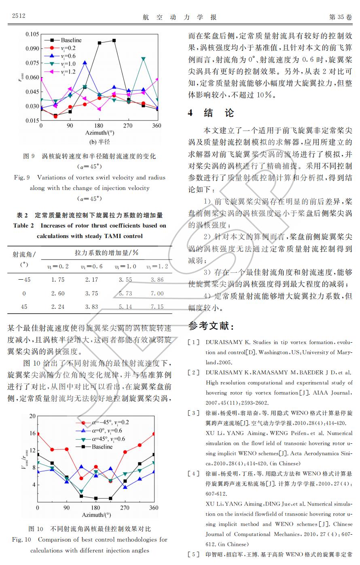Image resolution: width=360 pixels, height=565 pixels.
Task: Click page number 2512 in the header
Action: point(19,16)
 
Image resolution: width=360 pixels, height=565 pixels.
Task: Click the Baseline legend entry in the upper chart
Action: point(71,40)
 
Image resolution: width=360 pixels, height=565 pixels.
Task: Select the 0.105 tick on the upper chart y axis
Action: point(32,34)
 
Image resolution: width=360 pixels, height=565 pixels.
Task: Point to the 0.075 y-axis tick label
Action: point(32,63)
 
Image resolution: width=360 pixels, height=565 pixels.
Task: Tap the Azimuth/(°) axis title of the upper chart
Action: point(100,133)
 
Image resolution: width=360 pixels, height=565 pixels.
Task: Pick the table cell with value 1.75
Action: point(58,280)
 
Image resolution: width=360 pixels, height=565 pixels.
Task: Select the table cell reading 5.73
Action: point(125,293)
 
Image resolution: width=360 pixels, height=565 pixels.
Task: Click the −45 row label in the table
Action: point(24,280)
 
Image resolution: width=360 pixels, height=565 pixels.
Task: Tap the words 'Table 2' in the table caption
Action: point(23,226)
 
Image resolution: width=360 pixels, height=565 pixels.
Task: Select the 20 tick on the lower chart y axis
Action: point(32,416)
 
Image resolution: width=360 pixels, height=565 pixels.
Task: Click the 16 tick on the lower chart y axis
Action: point(32,433)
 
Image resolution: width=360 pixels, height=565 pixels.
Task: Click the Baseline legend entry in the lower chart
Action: point(102,447)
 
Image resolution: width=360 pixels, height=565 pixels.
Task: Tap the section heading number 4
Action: point(191,113)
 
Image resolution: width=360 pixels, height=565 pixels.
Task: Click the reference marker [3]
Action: point(194,413)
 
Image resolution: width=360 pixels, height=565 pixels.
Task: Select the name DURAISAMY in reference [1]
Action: point(224,342)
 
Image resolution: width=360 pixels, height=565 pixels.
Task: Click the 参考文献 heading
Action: point(211,326)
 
